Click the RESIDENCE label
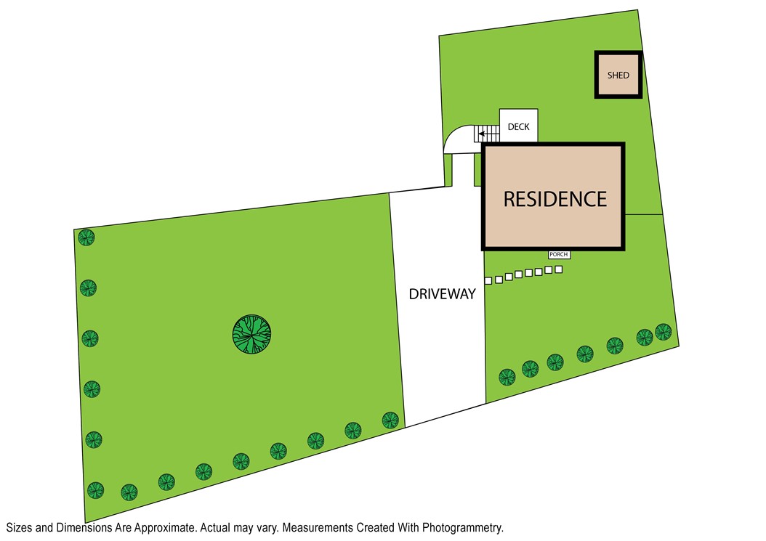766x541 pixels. tap(555, 199)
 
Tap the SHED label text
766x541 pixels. tap(618, 76)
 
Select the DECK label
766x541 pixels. tap(518, 127)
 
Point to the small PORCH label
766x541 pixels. tap(559, 255)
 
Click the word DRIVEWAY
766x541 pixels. tap(442, 294)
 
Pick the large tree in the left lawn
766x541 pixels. tap(251, 335)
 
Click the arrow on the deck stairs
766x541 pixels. tap(482, 135)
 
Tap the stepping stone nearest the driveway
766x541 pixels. tap(489, 280)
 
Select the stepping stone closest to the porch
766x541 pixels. tap(558, 269)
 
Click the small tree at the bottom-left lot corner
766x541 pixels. tap(94, 489)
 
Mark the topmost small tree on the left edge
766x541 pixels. tap(87, 237)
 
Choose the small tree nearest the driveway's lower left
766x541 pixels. tap(390, 420)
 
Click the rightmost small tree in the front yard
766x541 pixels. tap(663, 332)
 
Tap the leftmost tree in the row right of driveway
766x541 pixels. tap(507, 377)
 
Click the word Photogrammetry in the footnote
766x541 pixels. tap(465, 528)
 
